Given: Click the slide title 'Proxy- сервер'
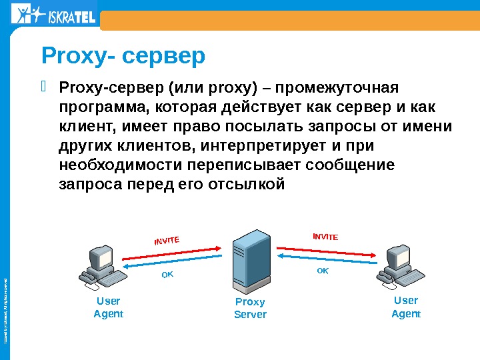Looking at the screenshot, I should coord(123,57).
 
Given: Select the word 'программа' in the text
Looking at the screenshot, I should coord(99,108).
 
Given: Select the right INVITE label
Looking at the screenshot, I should coord(326,236).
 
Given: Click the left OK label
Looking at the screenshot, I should coord(167,275).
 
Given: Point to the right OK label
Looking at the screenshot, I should coord(323,271).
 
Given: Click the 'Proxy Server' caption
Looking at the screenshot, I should coord(250,308).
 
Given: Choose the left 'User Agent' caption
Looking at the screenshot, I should coord(108,307).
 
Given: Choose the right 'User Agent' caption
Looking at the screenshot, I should coord(405,307).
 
